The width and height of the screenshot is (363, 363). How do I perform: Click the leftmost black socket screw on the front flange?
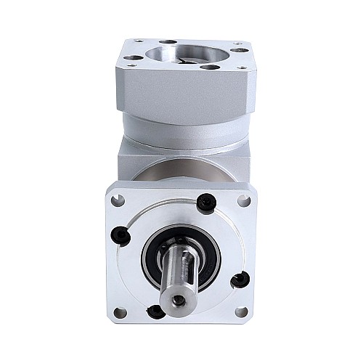[119, 234]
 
